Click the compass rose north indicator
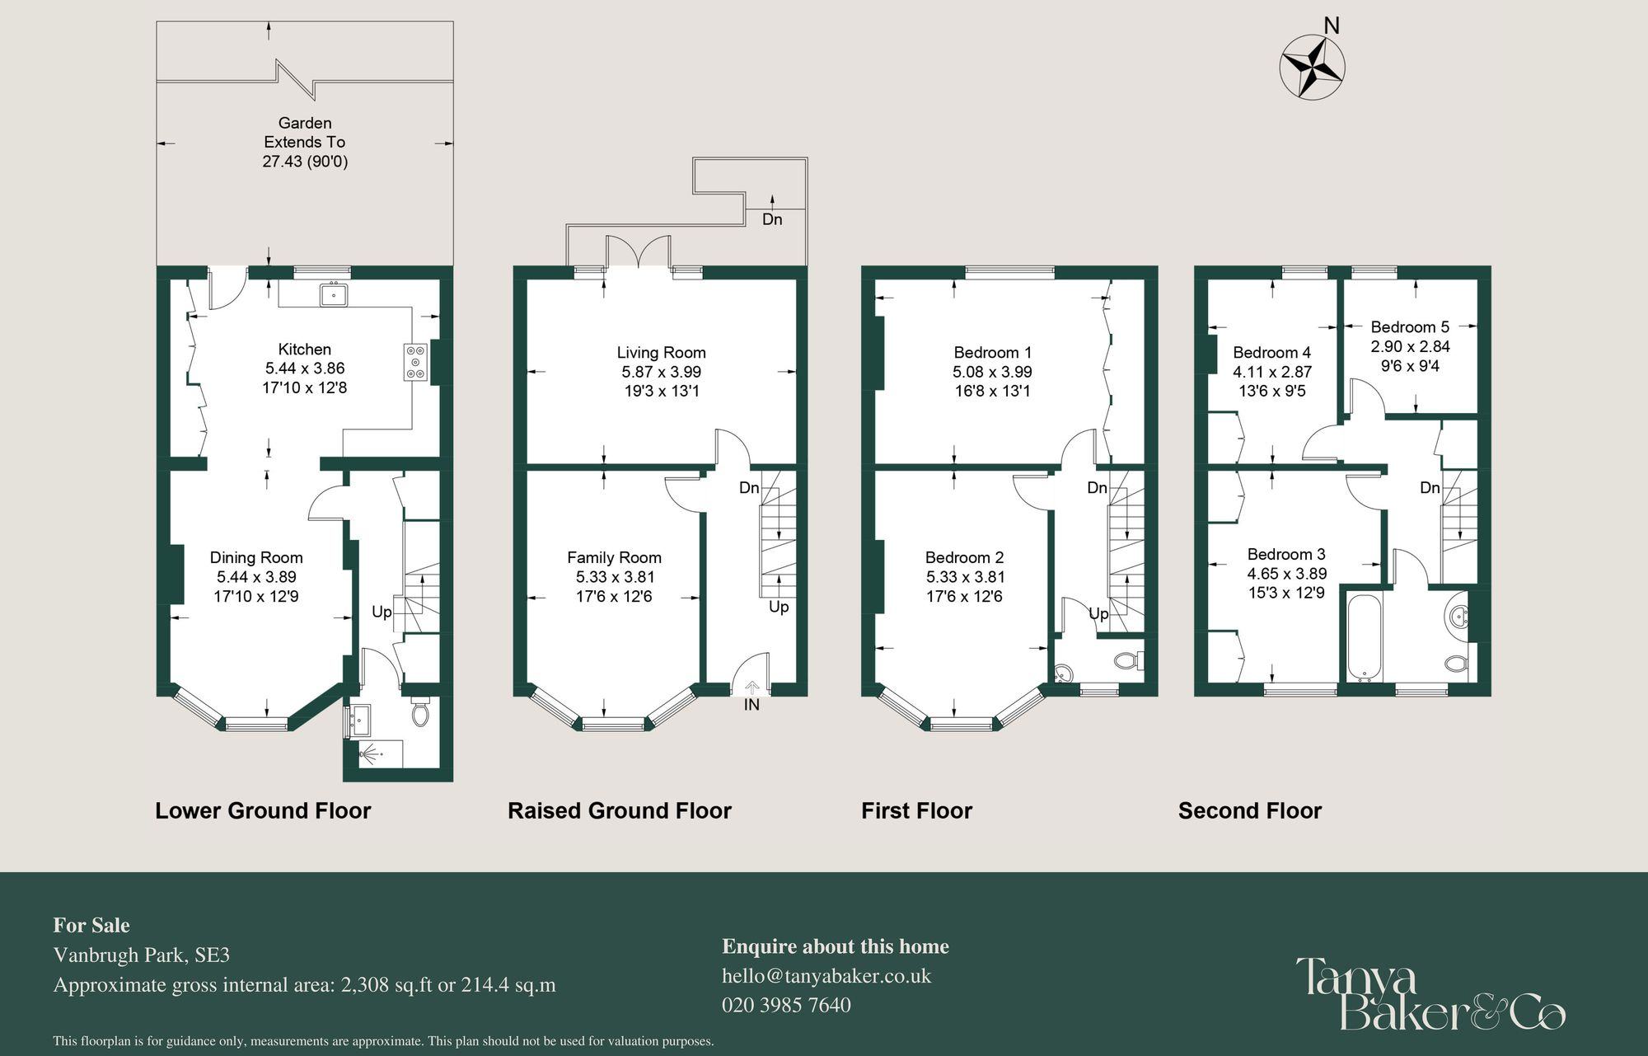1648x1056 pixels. click(1313, 65)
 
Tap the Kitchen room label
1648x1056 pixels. click(304, 350)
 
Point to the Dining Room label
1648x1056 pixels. click(256, 558)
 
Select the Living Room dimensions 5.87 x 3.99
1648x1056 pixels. click(661, 372)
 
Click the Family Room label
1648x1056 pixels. click(614, 558)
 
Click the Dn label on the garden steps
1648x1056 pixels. click(772, 219)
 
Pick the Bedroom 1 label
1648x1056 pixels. click(992, 353)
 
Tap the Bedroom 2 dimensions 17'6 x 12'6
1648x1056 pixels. click(964, 596)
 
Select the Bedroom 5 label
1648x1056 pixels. click(1410, 327)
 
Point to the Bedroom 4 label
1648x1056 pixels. click(1271, 353)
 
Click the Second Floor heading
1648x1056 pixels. click(1249, 810)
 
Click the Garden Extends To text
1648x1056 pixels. click(304, 133)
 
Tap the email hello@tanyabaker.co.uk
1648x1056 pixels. click(826, 976)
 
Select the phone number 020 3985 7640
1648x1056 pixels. click(786, 1005)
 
